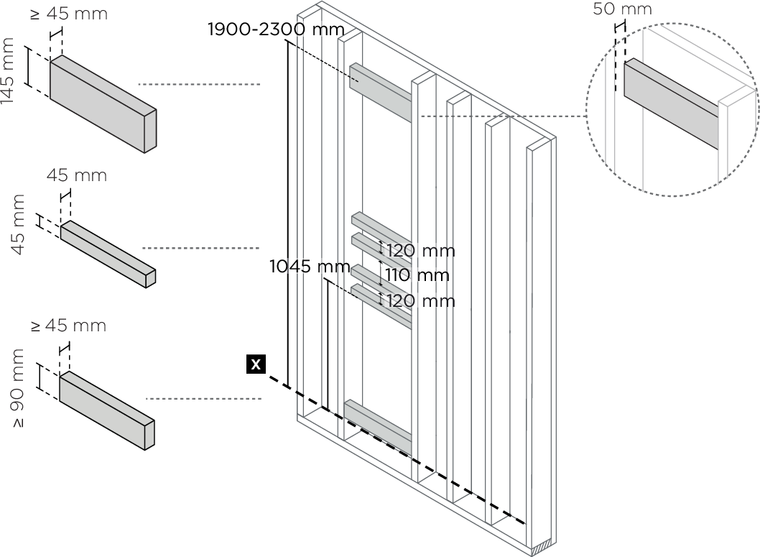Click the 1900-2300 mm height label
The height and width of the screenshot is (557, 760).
(276, 29)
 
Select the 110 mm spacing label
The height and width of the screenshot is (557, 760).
(417, 275)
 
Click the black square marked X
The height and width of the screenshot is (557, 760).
(255, 364)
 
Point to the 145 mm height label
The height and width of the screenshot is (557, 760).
(9, 71)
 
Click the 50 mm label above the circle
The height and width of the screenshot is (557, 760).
(623, 9)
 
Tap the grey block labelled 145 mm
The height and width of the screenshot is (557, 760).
(102, 104)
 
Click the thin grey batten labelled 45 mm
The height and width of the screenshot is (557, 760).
(108, 254)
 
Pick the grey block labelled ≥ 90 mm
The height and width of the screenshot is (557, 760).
(106, 410)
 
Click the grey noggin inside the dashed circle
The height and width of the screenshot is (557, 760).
(670, 105)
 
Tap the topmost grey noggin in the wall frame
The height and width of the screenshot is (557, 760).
(380, 92)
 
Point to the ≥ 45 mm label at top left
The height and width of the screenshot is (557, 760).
(69, 14)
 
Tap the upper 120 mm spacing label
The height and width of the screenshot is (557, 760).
(420, 251)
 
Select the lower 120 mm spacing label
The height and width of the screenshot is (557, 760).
(420, 300)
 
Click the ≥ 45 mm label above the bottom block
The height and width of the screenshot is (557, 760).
(68, 326)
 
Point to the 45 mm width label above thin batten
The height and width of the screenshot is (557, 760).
(77, 175)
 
